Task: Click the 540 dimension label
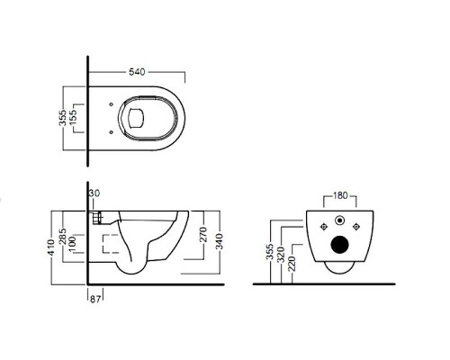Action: [x=137, y=72]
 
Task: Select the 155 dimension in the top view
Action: [x=73, y=118]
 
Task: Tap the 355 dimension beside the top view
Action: [x=62, y=118]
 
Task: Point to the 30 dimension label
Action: [x=94, y=193]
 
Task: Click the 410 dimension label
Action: [x=51, y=247]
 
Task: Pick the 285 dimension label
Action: [x=62, y=237]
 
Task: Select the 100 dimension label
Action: [x=72, y=244]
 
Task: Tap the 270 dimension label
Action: [x=203, y=235]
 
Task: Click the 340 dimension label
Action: [x=220, y=242]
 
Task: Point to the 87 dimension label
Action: [x=95, y=299]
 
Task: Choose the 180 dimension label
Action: [x=340, y=195]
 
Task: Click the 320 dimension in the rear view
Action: [x=281, y=255]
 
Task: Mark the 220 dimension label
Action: [x=292, y=264]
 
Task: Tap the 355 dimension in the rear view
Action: [x=270, y=252]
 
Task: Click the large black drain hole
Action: [x=340, y=245]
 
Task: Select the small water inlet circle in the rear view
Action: [x=340, y=220]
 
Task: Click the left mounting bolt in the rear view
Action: [x=323, y=227]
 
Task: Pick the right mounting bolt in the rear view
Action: [x=356, y=227]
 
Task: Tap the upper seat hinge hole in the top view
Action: [x=112, y=104]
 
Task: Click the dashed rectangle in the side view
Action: [x=111, y=244]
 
